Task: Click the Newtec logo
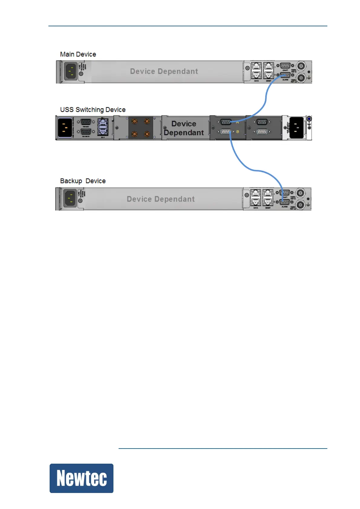[81, 478]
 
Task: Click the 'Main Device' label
[78, 54]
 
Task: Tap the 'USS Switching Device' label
[93, 110]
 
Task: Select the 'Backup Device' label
[83, 181]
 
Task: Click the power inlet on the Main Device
[71, 71]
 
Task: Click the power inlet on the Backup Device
[70, 198]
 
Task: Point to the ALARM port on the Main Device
[285, 75]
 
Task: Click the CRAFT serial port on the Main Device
[285, 66]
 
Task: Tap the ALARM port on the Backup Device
[284, 202]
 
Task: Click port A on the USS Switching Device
[226, 122]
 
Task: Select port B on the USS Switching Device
[226, 132]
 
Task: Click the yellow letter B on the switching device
[238, 132]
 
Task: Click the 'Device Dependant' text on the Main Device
[164, 71]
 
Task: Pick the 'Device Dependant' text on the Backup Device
[161, 199]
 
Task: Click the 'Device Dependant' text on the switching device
[184, 128]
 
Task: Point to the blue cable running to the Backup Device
[242, 163]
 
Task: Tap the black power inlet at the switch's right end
[296, 128]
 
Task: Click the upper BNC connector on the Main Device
[301, 66]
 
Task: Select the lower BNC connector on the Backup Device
[300, 205]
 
